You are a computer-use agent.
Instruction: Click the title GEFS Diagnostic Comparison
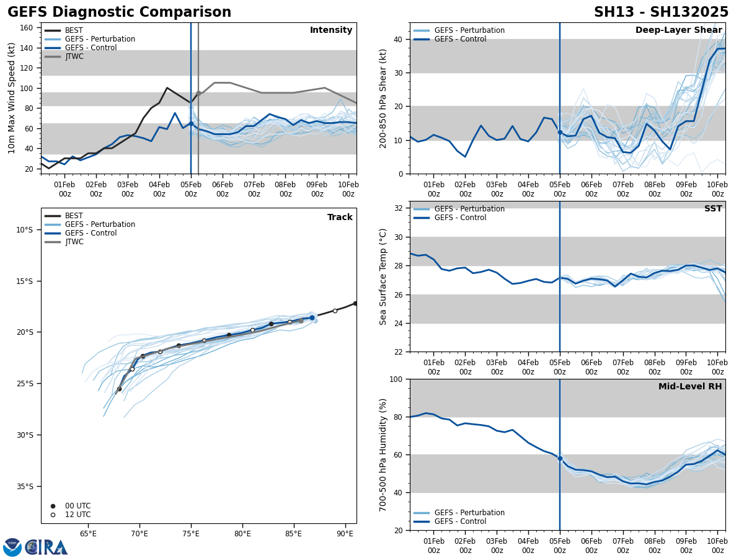coord(119,12)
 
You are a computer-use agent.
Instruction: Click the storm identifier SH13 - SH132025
coord(661,12)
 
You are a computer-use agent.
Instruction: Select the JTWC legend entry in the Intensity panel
coord(74,56)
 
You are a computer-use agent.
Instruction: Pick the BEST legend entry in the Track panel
coord(74,216)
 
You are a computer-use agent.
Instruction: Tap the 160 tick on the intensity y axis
coord(28,28)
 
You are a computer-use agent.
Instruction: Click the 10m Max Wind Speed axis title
coord(12,98)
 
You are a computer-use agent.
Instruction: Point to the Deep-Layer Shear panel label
coord(678,30)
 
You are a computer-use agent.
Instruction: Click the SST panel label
coord(713,209)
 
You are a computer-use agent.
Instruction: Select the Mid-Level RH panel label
coord(690,387)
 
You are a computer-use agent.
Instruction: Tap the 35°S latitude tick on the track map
coord(24,486)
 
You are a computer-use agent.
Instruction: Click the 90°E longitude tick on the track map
coord(345,534)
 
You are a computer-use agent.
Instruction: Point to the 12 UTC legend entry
coord(77,515)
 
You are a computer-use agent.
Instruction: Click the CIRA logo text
coord(46,547)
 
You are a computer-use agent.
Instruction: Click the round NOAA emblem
coord(12,547)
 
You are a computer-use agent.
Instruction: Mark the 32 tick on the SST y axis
coord(399,208)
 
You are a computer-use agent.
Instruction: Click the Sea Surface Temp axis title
coord(383,277)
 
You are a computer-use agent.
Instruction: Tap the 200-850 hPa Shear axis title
coord(383,98)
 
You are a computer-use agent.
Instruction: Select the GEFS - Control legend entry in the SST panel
coord(460,218)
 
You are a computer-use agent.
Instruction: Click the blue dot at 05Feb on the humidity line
coord(560,458)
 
